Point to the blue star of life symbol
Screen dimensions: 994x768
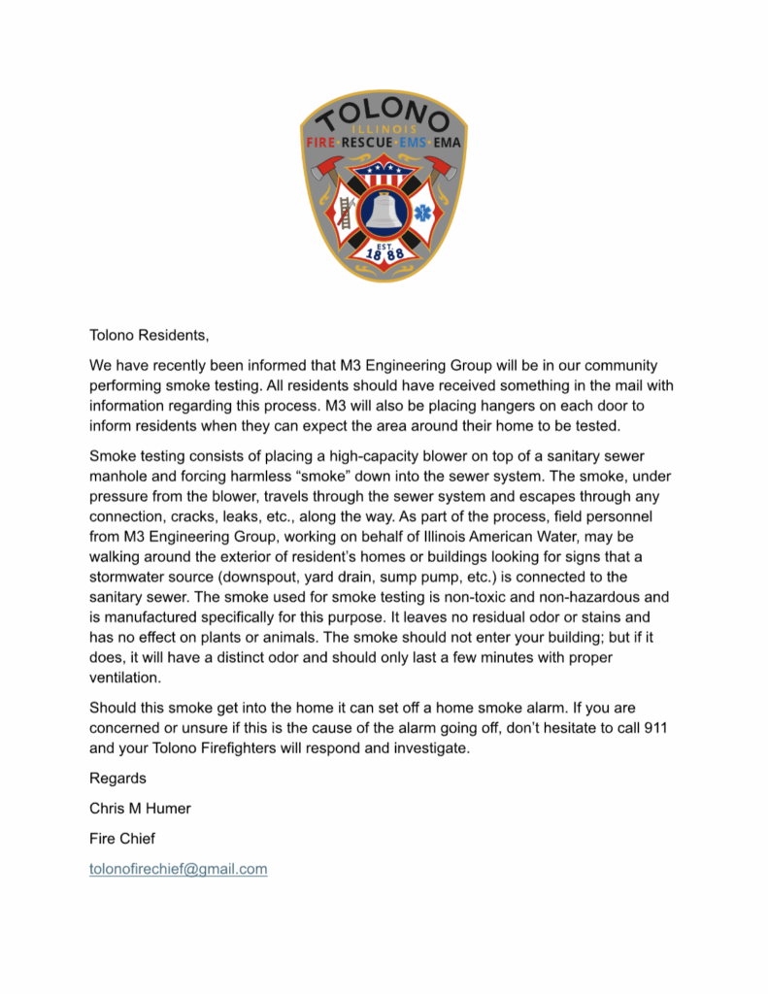424,213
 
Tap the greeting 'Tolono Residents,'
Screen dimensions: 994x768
149,336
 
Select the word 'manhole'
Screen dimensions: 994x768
119,476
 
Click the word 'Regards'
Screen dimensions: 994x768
117,778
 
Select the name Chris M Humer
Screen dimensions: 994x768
141,809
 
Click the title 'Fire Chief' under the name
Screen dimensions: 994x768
122,838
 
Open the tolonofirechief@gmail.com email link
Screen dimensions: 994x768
179,869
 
